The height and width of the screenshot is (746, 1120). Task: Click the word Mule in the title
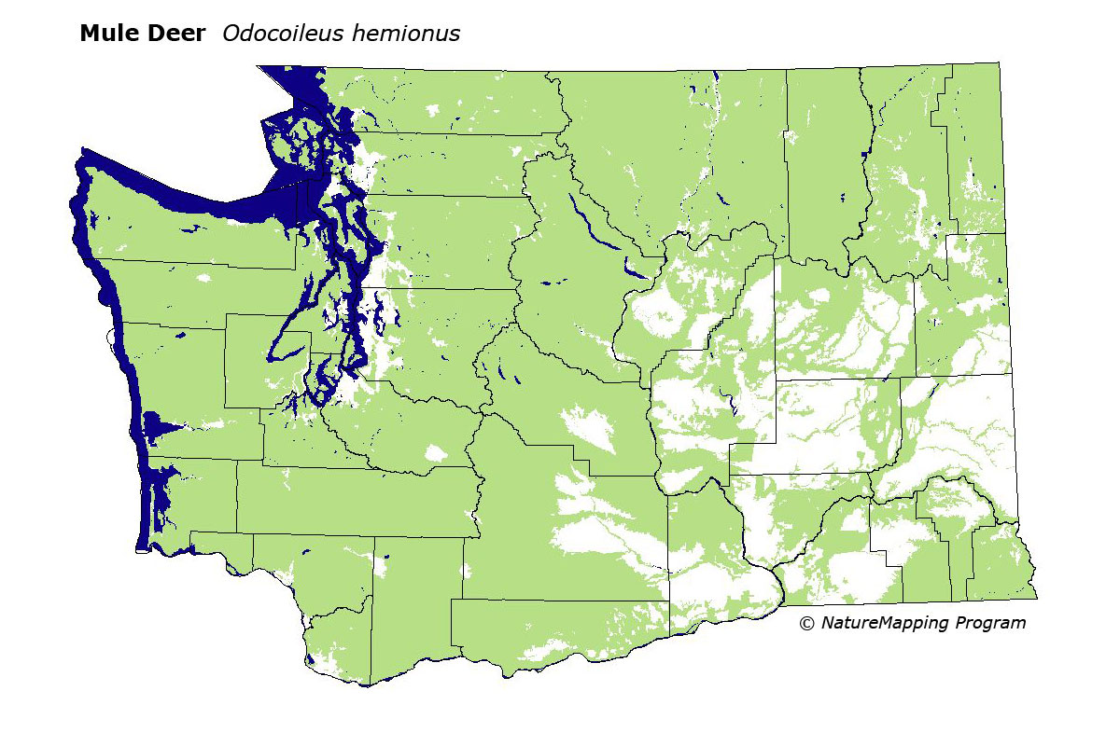click(108, 35)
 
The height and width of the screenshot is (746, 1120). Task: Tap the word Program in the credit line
click(990, 623)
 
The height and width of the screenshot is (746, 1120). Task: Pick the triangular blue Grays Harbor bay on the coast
click(161, 430)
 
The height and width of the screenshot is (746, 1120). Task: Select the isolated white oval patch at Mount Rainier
click(434, 454)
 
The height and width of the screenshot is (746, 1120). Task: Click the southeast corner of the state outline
click(1035, 599)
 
